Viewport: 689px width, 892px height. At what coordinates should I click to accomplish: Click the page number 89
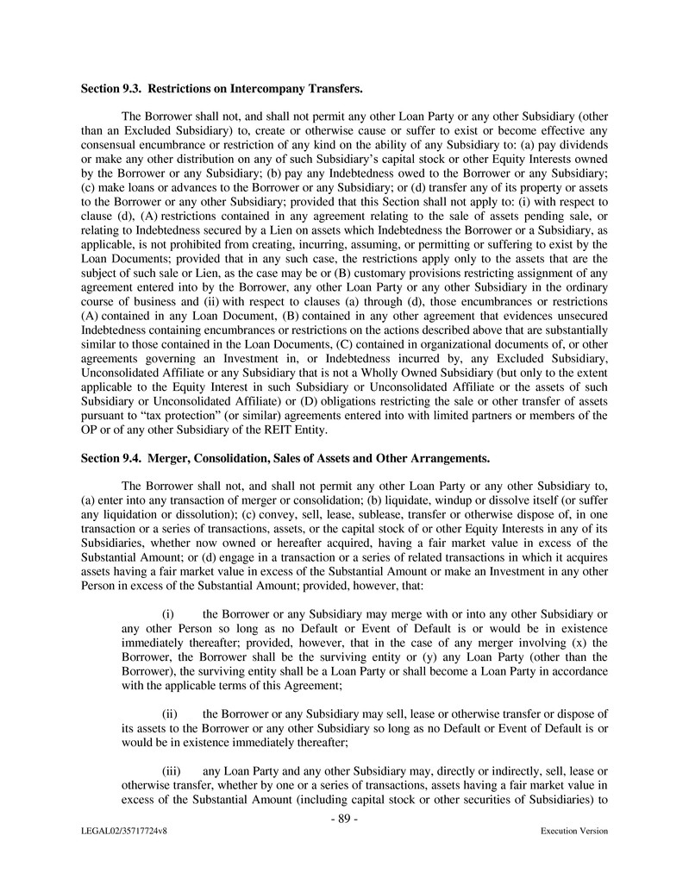[x=344, y=819]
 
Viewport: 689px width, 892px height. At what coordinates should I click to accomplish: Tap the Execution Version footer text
[x=573, y=832]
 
